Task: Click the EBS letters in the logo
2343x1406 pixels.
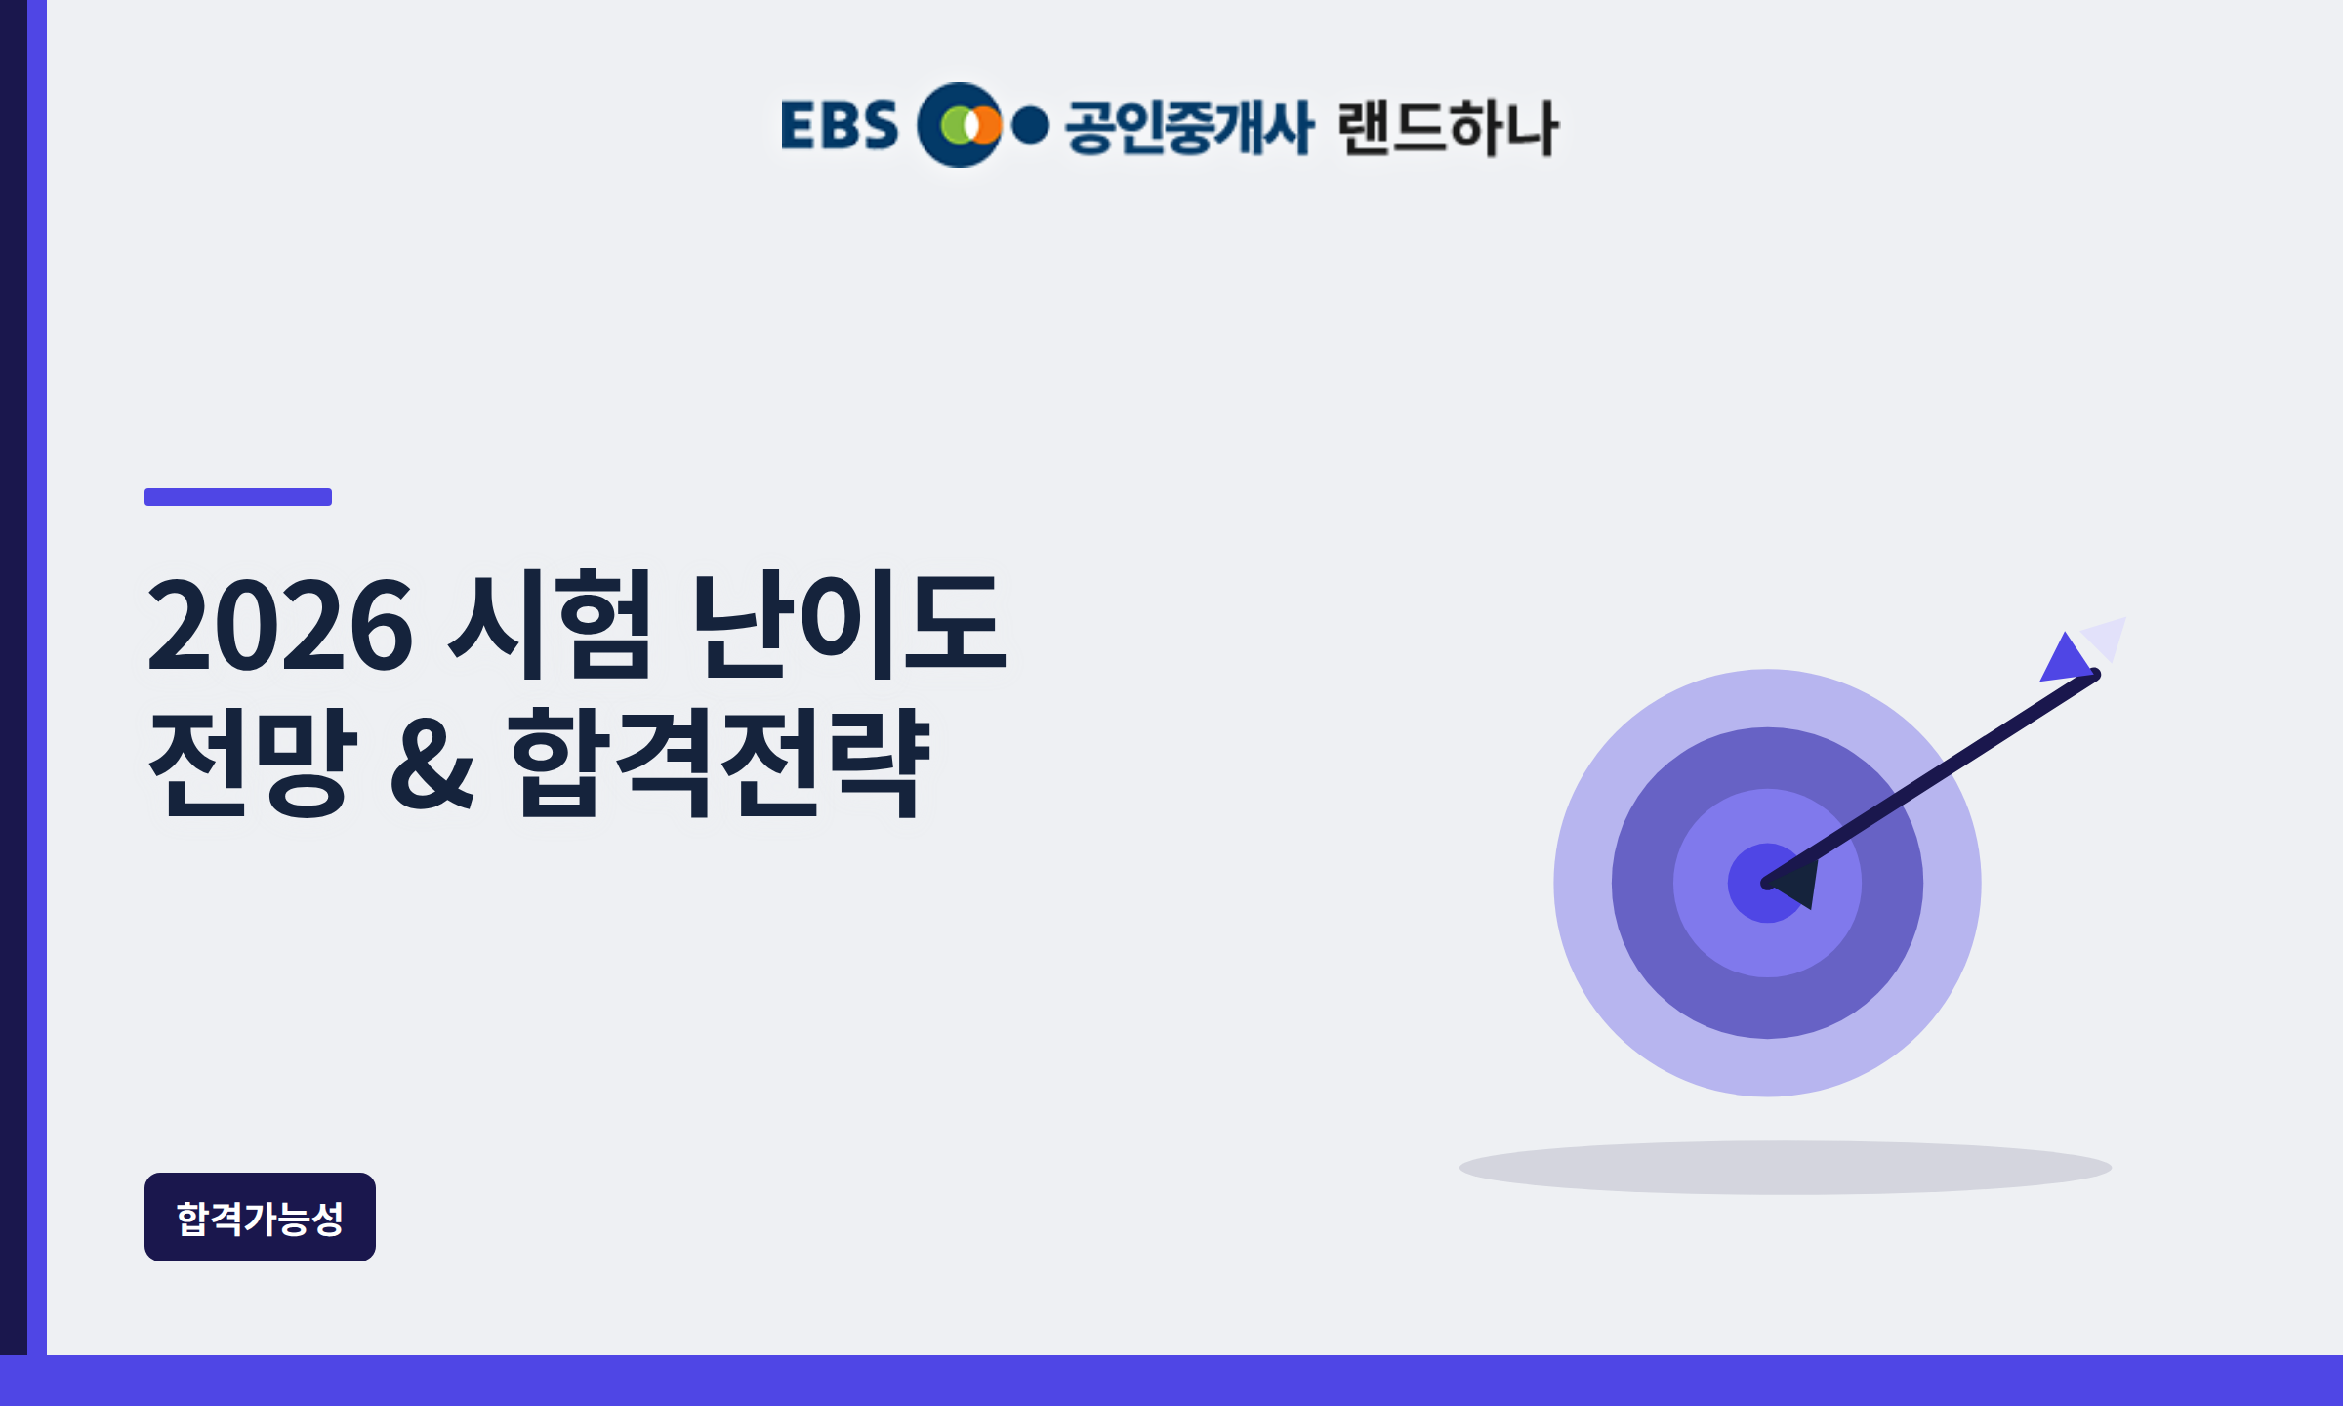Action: click(840, 125)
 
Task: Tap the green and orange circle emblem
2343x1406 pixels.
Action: click(960, 125)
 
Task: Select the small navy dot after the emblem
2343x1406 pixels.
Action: click(1030, 125)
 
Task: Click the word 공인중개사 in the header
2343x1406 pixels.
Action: click(1189, 127)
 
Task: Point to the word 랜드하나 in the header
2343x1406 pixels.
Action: click(1448, 127)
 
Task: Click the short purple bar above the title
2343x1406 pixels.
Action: click(238, 497)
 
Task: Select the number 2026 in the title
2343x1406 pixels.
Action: click(280, 625)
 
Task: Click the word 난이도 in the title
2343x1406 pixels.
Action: click(847, 625)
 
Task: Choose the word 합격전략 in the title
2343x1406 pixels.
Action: click(719, 762)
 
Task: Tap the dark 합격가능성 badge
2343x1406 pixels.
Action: click(260, 1217)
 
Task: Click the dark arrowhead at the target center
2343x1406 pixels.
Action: click(1796, 883)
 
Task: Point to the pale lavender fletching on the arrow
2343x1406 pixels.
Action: click(2107, 639)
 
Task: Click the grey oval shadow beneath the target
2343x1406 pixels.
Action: click(1786, 1168)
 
